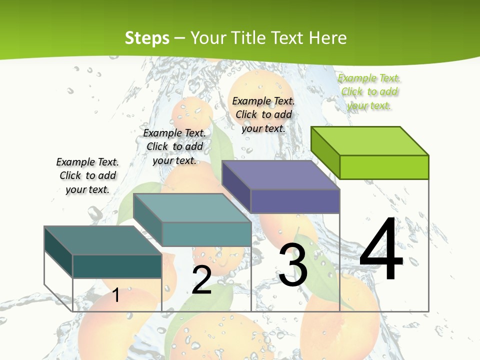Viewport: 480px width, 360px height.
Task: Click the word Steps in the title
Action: click(147, 38)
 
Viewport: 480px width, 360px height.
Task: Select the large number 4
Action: click(381, 249)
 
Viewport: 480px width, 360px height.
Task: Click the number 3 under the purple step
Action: click(293, 265)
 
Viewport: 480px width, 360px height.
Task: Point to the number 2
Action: click(201, 280)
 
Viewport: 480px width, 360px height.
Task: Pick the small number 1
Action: click(116, 295)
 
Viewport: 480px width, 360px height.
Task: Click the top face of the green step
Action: click(370, 140)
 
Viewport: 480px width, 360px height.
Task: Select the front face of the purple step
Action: click(295, 201)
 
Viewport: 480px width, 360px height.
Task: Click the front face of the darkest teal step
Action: click(117, 266)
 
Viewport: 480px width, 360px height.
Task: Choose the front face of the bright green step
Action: click(384, 167)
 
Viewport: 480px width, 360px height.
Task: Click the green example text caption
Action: click(369, 91)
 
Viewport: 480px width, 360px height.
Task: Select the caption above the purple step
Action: click(263, 114)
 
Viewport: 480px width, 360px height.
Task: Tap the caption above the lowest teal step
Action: click(87, 175)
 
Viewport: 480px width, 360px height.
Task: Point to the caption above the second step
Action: click(174, 146)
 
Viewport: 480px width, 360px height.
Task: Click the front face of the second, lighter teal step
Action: click(206, 234)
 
